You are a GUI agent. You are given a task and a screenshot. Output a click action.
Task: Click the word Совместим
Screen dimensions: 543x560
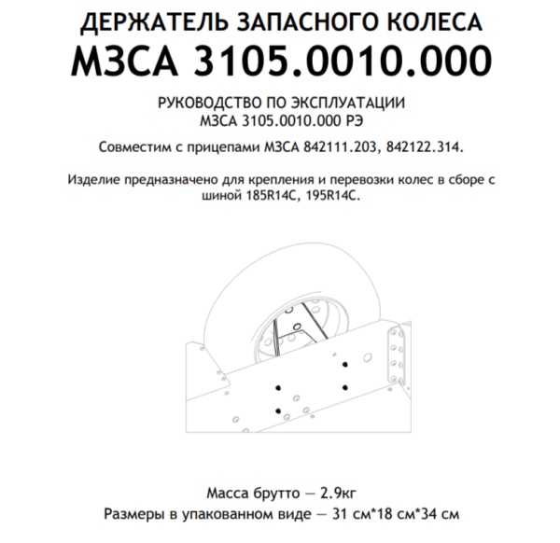point(133,146)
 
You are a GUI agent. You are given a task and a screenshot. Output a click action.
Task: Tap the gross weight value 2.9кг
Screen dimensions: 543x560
point(343,490)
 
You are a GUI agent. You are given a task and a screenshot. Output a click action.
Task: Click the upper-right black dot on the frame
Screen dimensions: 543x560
point(346,361)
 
